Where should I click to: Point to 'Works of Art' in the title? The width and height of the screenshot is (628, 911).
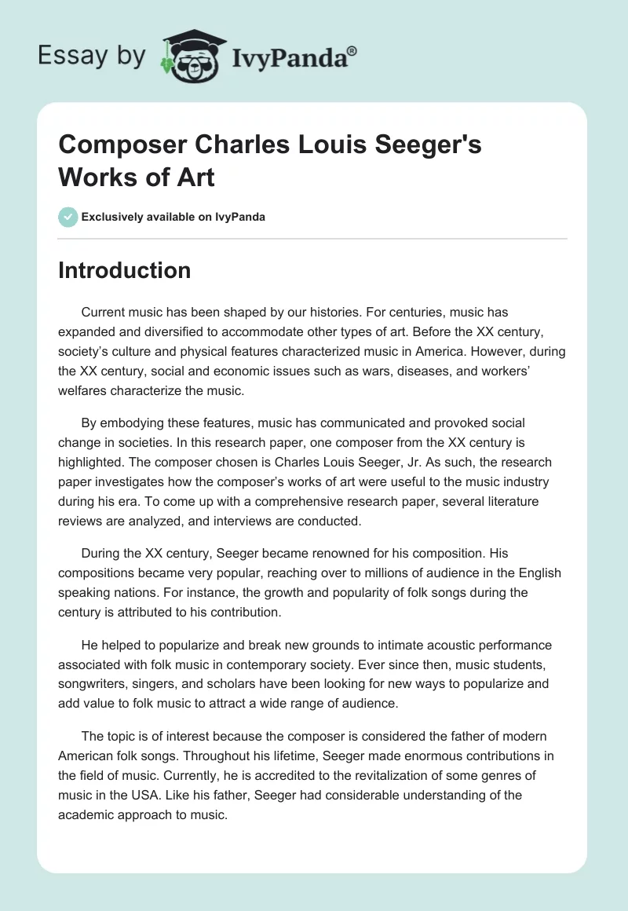click(x=137, y=177)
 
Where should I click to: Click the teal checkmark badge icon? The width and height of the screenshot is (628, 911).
click(x=68, y=217)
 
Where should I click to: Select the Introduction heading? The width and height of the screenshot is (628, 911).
click(x=124, y=270)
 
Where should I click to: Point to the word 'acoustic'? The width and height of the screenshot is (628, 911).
click(x=410, y=645)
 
